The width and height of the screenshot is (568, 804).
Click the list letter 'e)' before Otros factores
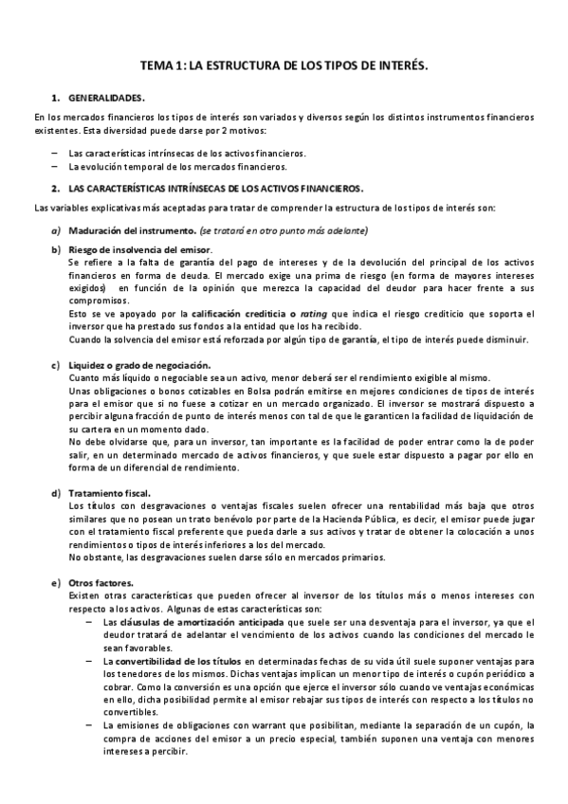56,582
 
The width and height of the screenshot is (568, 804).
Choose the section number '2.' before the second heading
56,189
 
